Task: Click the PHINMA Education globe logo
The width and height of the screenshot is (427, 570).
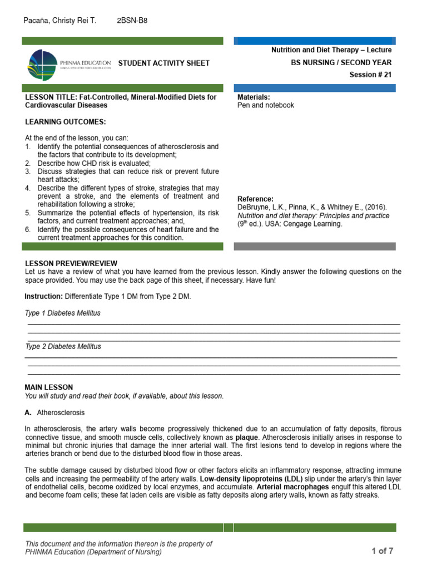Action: coord(42,64)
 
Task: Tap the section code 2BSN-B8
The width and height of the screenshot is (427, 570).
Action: coord(132,21)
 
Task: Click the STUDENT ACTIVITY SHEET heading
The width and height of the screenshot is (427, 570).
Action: coord(164,63)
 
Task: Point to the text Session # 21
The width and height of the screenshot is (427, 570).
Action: coord(370,75)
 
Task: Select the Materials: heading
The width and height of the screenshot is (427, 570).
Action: coord(254,97)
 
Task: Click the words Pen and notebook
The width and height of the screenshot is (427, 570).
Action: coord(266,105)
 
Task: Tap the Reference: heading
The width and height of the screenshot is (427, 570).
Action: coord(256,199)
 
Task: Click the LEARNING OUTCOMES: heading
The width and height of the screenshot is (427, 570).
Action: coord(65,122)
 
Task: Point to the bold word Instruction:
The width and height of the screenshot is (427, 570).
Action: coord(44,297)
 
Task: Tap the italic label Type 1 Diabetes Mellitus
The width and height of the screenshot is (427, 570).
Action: coord(63,313)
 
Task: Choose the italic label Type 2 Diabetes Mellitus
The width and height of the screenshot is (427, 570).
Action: coord(63,346)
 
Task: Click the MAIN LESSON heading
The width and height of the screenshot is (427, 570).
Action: coord(49,387)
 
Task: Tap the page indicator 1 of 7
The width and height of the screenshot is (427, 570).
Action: coord(383,551)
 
